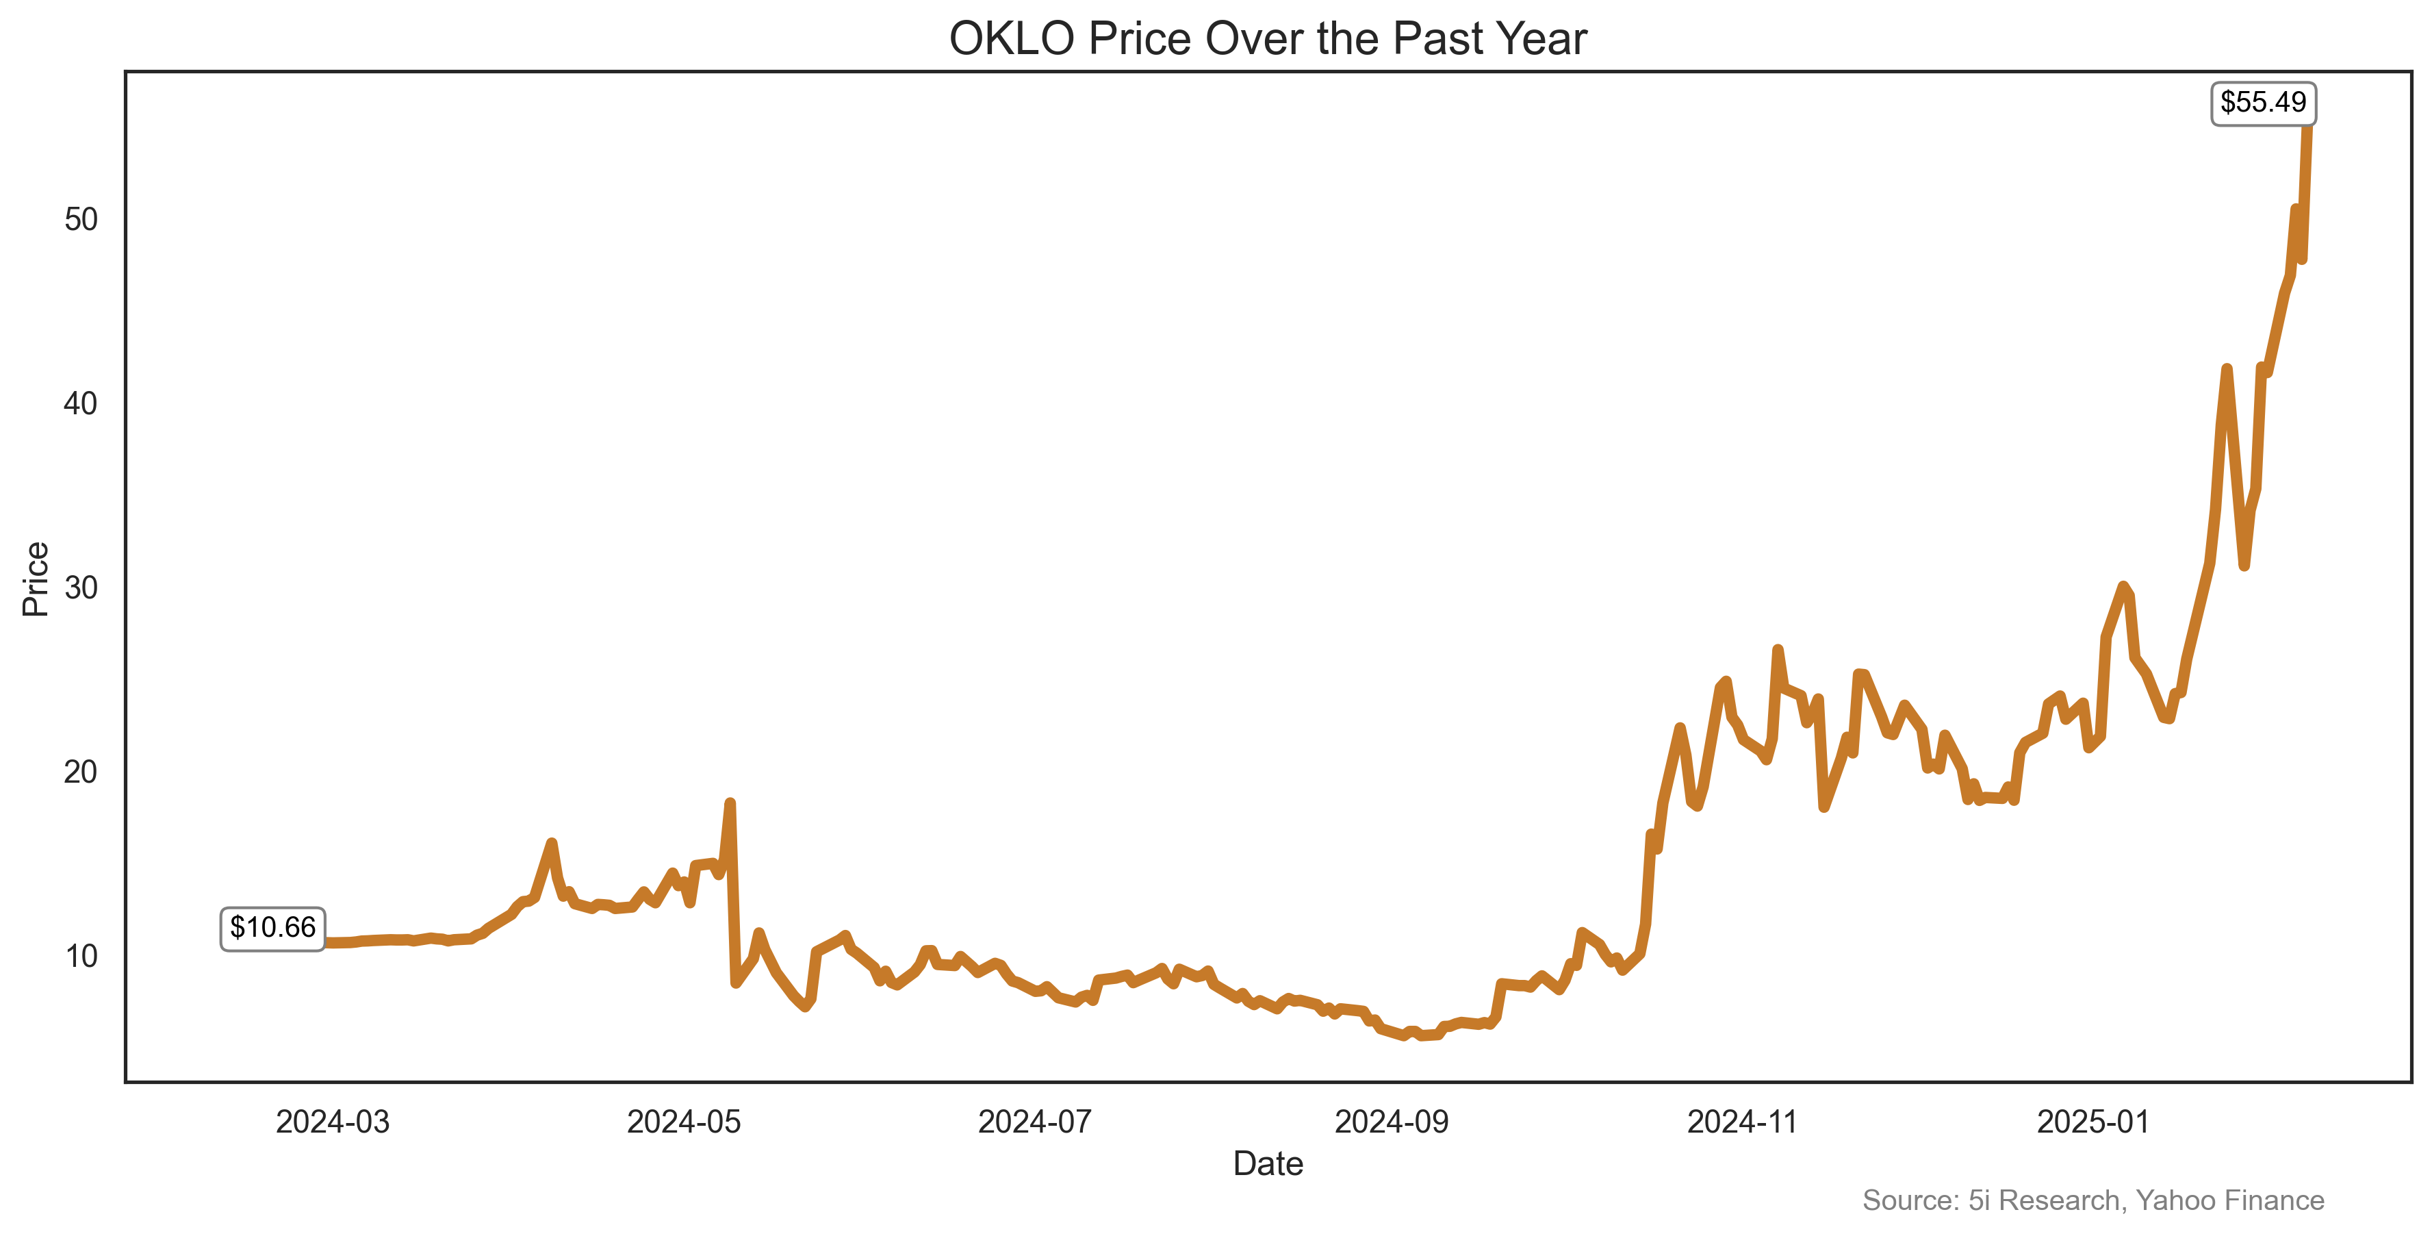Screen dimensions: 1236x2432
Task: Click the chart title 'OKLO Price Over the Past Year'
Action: pos(1267,40)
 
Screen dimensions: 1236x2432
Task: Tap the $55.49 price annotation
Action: pos(2262,103)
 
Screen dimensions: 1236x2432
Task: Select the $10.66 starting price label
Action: pos(273,928)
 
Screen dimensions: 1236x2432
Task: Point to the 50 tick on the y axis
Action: pos(81,220)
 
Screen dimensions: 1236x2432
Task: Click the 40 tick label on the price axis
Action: pos(81,404)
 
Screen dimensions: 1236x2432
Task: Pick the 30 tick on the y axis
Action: pos(81,588)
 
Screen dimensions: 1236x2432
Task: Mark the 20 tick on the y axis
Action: pos(81,772)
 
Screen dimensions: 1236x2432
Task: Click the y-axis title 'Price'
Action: pos(36,579)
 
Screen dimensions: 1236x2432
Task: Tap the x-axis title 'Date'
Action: pos(1267,1164)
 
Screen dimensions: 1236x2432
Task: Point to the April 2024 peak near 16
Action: pos(551,843)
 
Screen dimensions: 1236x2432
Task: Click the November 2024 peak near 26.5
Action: pos(1778,651)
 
